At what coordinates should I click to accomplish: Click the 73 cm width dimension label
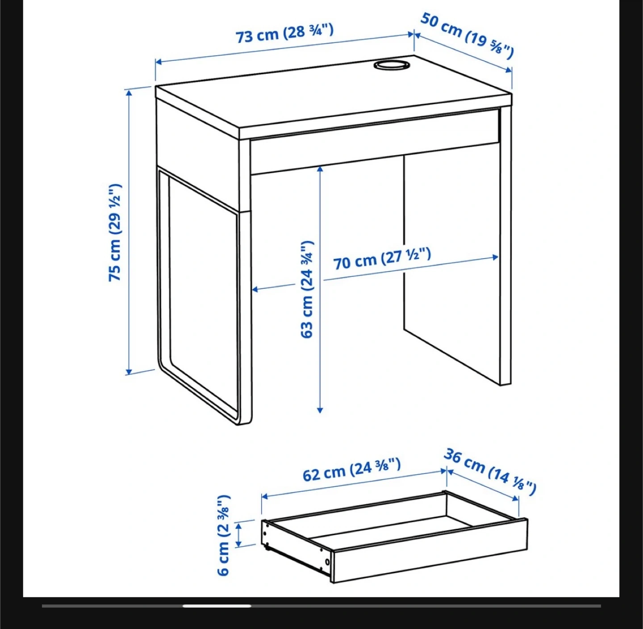(284, 34)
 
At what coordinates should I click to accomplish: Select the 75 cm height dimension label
(115, 232)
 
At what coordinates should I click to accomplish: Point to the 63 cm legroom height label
(307, 289)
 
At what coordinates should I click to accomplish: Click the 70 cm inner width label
(382, 258)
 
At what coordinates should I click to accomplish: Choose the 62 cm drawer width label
(351, 469)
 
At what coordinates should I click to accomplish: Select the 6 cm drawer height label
(223, 535)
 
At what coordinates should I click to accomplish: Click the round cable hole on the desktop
(391, 64)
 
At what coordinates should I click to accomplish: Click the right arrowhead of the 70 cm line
(495, 257)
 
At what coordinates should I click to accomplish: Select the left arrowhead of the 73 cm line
(158, 62)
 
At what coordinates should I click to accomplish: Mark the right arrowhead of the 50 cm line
(509, 70)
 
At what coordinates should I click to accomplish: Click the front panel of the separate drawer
(430, 550)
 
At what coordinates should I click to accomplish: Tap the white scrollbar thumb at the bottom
(217, 606)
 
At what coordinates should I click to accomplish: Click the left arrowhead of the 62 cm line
(264, 496)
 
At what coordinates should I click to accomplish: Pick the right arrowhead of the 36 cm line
(515, 498)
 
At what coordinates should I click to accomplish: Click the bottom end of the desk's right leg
(505, 384)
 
